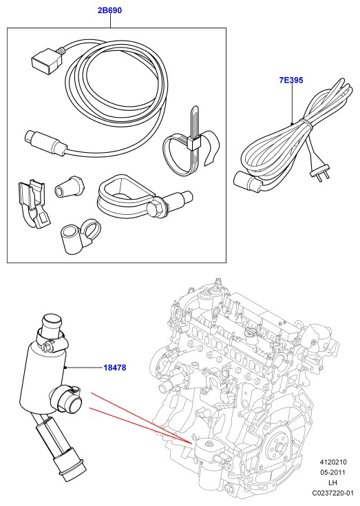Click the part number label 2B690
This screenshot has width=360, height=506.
[x=110, y=10]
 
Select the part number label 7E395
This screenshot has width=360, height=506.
[x=291, y=80]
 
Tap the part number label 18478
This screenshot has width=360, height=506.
[x=115, y=368]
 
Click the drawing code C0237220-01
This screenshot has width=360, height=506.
[x=333, y=493]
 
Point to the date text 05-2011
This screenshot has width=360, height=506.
[x=332, y=472]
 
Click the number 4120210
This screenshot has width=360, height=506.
[x=333, y=462]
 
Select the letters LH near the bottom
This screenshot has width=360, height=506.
[x=332, y=483]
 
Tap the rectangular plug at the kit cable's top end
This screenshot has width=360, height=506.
[x=45, y=60]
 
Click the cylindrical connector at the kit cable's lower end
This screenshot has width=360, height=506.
[x=45, y=143]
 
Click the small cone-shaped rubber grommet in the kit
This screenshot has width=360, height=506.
[x=70, y=186]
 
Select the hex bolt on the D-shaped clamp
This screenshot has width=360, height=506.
[x=156, y=209]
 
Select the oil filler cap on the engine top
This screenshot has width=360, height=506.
[x=251, y=333]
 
